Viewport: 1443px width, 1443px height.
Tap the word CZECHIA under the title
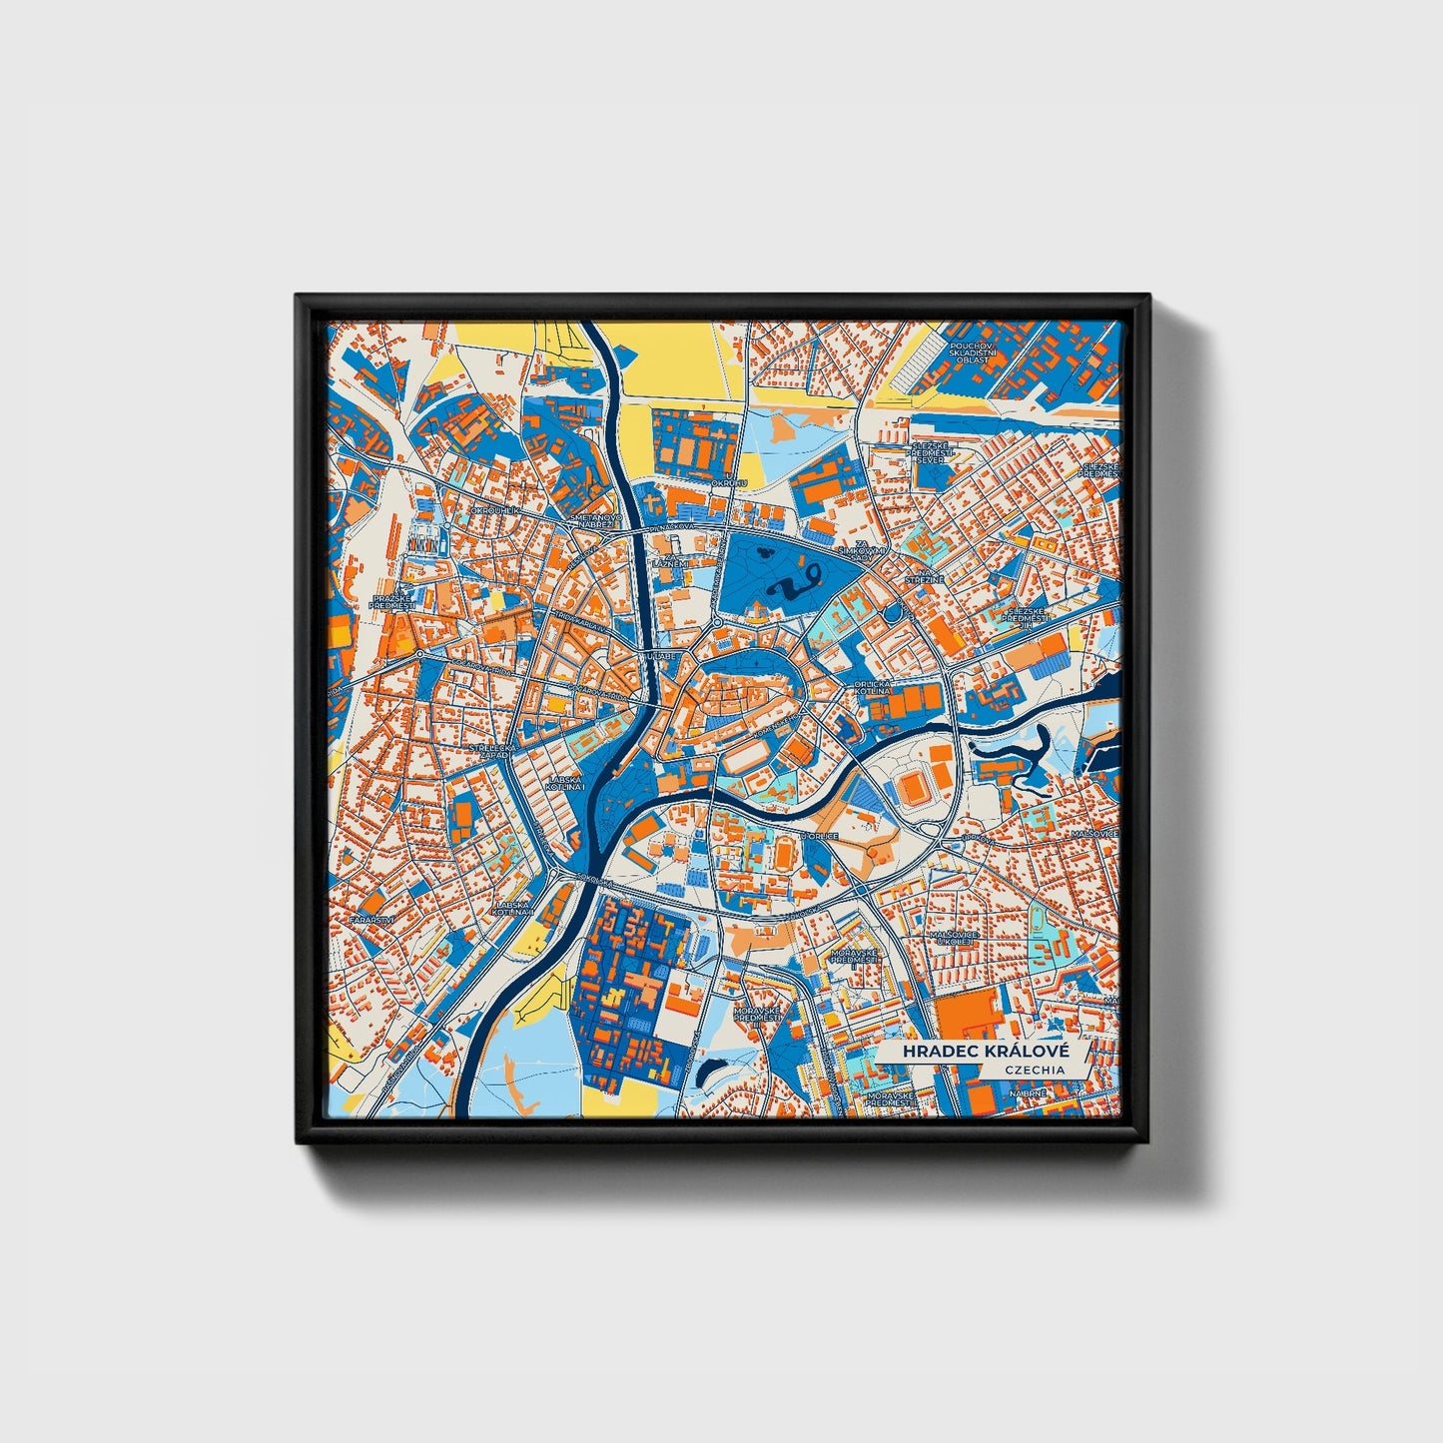(1034, 1070)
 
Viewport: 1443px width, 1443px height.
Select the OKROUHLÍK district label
(496, 510)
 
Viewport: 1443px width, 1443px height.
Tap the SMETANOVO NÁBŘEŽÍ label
(595, 522)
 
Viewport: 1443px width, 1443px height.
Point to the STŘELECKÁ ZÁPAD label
(493, 751)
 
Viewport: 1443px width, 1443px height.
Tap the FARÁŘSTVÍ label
(377, 918)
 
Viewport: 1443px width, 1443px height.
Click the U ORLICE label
(816, 837)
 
